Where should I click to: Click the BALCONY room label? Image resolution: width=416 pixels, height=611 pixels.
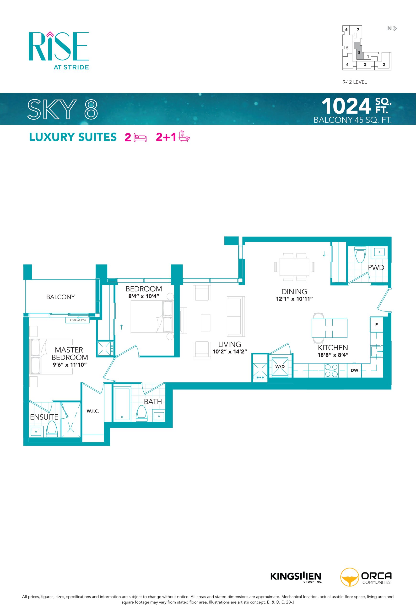tap(60, 297)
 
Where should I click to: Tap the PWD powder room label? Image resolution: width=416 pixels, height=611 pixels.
tap(376, 267)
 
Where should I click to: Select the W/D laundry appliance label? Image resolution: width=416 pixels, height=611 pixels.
tap(280, 367)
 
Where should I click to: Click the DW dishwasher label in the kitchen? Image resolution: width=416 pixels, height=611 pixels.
tap(354, 370)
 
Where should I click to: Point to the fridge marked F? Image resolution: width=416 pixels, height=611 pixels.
tap(376, 325)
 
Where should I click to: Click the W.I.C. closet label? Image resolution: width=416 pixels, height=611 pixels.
tap(93, 411)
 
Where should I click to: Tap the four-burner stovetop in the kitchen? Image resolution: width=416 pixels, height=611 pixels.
tap(331, 370)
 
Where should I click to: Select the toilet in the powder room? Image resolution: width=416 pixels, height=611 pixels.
tap(360, 254)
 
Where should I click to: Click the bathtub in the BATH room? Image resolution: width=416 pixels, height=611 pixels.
tap(122, 404)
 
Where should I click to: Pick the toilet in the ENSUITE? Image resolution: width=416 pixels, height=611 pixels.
tap(52, 429)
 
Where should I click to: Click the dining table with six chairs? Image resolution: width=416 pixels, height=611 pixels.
tap(294, 267)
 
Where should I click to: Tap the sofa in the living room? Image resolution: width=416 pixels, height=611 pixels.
tap(236, 316)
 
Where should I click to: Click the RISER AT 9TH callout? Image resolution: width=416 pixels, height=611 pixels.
tap(78, 320)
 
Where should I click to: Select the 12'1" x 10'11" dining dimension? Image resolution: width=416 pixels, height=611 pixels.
tap(294, 299)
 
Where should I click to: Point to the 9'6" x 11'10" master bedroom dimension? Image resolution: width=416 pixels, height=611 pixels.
tap(70, 365)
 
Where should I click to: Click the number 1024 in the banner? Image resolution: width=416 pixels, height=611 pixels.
tap(346, 106)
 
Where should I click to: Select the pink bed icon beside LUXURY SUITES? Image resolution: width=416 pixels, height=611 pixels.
tap(140, 137)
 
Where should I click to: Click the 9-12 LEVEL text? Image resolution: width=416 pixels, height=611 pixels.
tap(355, 82)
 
